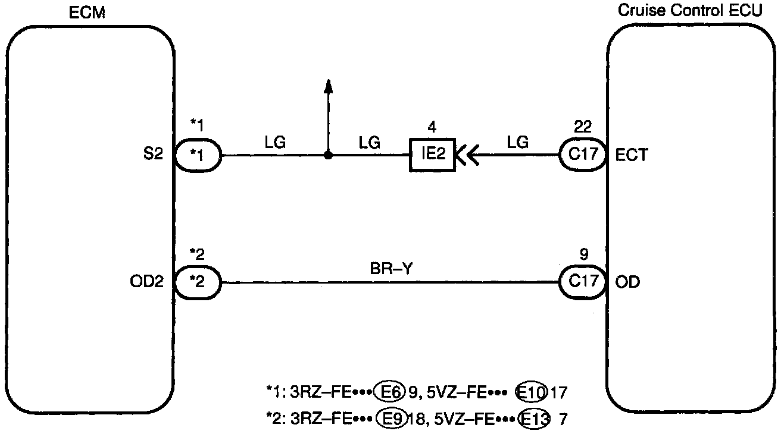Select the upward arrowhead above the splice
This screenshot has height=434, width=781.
327,87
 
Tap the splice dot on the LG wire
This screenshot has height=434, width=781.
327,156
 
